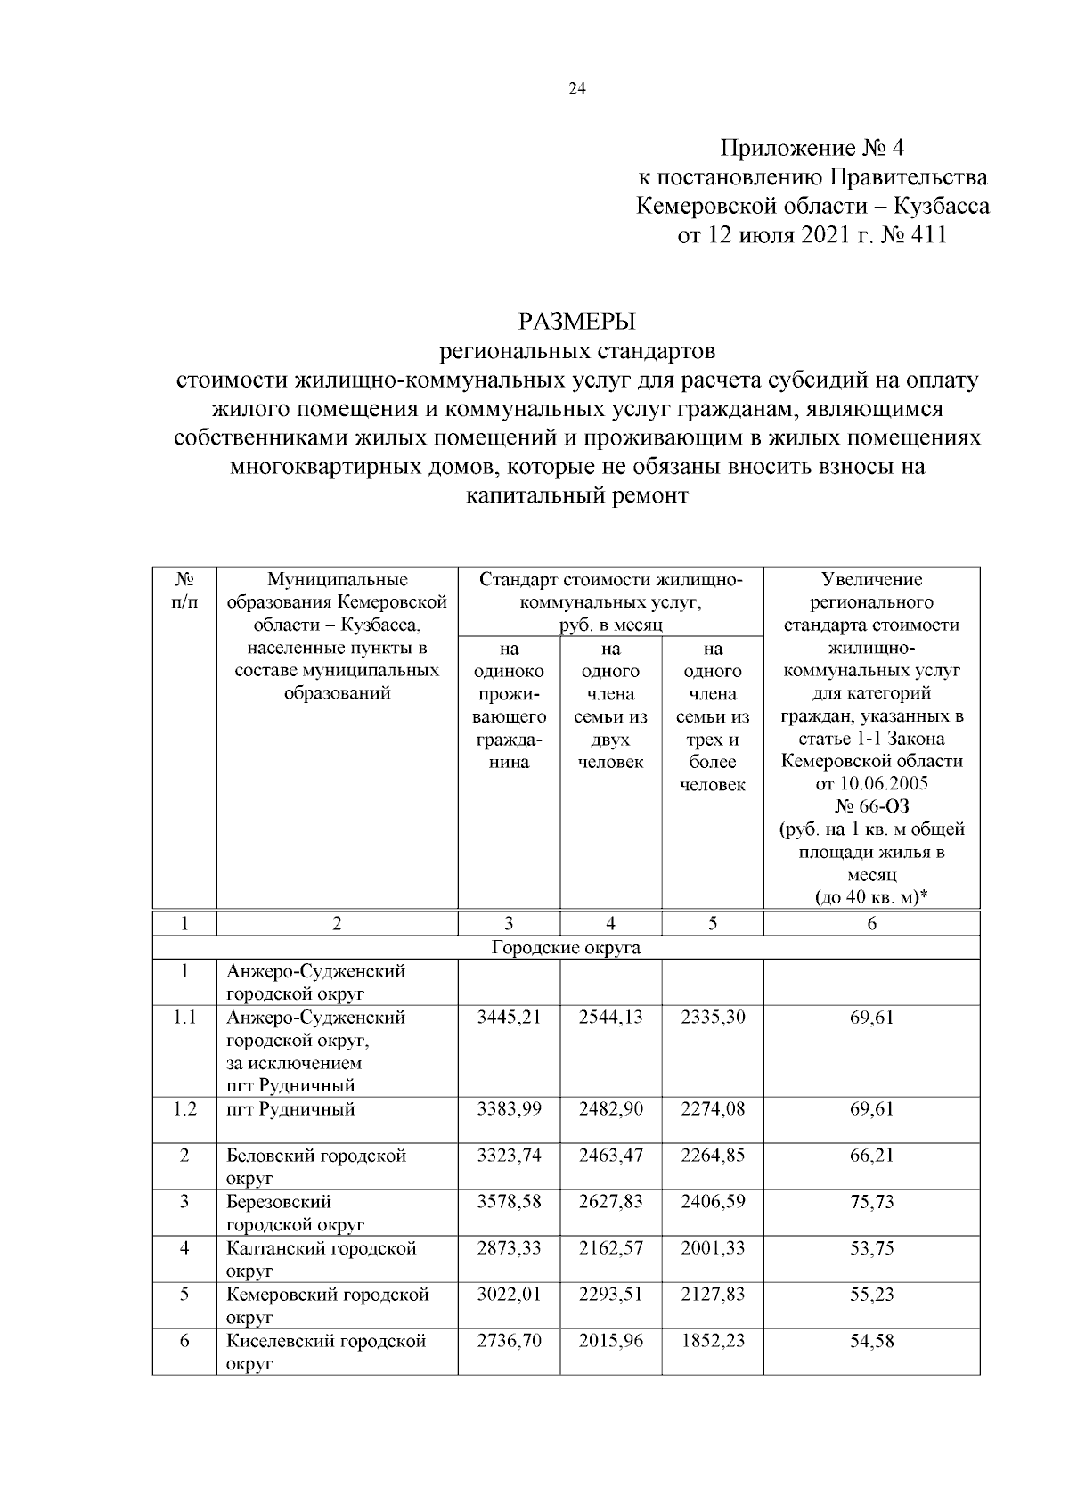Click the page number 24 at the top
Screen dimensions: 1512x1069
pos(576,88)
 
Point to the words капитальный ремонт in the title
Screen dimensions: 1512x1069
pos(577,495)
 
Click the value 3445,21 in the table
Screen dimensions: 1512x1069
pos(509,1018)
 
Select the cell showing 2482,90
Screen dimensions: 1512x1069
pos(610,1109)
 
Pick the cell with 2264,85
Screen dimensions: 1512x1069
pos(712,1156)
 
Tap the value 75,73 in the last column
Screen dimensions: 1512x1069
pos(871,1202)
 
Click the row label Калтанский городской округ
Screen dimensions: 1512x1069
pos(322,1259)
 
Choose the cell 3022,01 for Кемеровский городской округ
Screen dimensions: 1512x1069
pos(509,1295)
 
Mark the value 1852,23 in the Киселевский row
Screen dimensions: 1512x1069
pos(712,1341)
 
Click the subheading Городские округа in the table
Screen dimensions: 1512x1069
pos(566,948)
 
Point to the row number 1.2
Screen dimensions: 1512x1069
pos(184,1109)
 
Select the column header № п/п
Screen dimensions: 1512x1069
pos(184,591)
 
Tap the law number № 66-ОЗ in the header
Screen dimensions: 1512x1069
pos(871,807)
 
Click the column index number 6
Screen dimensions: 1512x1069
pos(871,924)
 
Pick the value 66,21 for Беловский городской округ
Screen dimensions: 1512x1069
pos(871,1156)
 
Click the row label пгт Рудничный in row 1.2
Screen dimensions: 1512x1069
pos(290,1109)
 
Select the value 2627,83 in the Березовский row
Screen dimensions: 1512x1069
pos(610,1202)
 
